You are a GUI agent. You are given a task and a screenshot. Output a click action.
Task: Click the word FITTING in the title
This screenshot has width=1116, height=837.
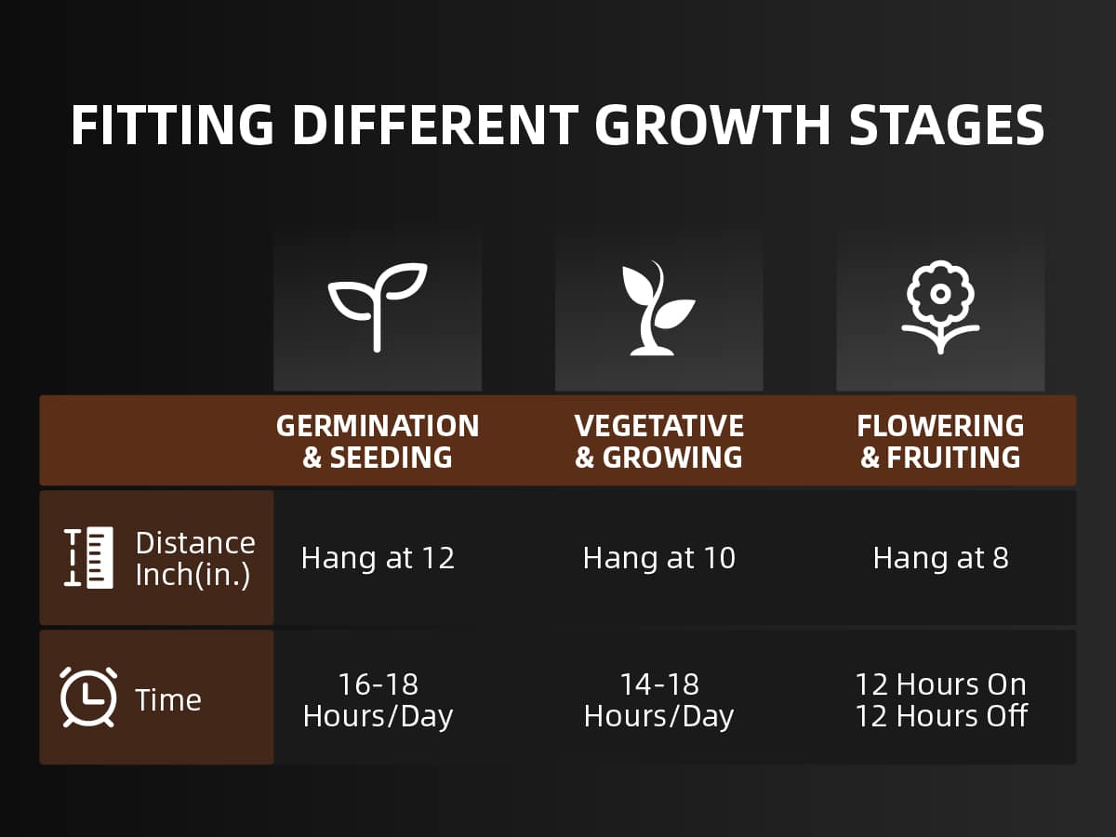tap(172, 125)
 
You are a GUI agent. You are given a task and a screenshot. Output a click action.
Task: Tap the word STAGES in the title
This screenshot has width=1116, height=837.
tap(947, 125)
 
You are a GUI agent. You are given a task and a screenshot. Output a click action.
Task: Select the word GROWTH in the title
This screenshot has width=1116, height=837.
tap(712, 125)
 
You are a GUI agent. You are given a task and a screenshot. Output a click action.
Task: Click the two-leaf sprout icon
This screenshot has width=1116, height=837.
tap(378, 308)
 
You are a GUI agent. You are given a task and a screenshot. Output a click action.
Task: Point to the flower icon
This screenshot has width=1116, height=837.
tap(940, 308)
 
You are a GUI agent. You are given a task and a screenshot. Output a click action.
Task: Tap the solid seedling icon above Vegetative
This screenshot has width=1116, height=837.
tap(658, 308)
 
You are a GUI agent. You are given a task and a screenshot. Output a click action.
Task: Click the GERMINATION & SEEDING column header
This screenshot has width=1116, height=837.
tap(378, 441)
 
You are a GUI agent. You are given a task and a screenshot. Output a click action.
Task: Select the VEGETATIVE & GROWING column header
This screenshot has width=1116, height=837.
tap(659, 441)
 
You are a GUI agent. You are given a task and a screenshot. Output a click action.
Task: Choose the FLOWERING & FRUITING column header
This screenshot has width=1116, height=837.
tap(940, 441)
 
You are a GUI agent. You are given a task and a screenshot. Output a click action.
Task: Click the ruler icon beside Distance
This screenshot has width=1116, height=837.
tap(88, 557)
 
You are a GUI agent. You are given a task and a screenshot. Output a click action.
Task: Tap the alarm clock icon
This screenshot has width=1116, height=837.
tap(88, 697)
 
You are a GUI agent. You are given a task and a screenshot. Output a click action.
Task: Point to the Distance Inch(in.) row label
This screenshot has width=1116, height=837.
tap(195, 559)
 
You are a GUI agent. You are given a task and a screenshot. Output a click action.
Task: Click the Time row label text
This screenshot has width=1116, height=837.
tap(168, 699)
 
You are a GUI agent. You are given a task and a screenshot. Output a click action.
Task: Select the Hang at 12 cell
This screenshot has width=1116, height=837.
tap(378, 558)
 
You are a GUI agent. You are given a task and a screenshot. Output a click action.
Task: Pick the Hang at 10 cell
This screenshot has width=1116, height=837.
tap(659, 558)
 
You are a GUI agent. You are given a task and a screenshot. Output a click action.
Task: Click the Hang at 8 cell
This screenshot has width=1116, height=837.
tap(941, 558)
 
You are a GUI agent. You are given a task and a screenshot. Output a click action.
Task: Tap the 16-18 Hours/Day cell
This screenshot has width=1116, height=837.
tap(378, 700)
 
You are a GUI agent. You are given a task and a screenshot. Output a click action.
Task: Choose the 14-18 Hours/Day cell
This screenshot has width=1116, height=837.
tap(659, 700)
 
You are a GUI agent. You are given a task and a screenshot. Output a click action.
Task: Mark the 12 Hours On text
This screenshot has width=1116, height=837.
tap(941, 684)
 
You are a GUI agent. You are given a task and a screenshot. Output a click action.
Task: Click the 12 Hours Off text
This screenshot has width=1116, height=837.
tap(941, 716)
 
